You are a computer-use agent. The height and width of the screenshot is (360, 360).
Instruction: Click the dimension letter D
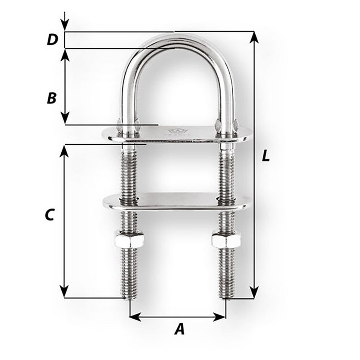pyautogui.click(x=53, y=40)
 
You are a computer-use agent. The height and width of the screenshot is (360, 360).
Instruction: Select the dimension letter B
pyautogui.click(x=52, y=98)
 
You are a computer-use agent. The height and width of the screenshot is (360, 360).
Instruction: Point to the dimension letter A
pyautogui.click(x=179, y=330)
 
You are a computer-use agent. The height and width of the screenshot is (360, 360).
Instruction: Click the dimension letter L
pyautogui.click(x=266, y=156)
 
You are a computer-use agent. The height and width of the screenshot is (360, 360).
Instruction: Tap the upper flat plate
pyautogui.click(x=178, y=134)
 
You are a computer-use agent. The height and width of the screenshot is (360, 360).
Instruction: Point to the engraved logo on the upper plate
pyautogui.click(x=174, y=132)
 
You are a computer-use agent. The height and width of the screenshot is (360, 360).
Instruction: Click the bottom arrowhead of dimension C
pyautogui.click(x=65, y=293)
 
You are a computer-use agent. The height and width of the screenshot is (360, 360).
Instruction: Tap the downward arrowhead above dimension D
pyautogui.click(x=65, y=27)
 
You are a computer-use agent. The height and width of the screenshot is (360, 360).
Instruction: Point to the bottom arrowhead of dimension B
pyautogui.click(x=65, y=120)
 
